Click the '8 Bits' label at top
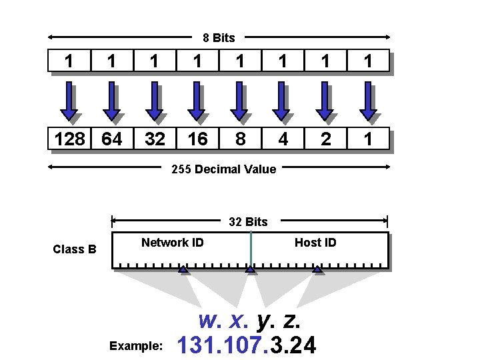(219, 38)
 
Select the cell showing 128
(70, 139)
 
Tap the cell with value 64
(111, 139)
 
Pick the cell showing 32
(155, 139)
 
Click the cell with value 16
(197, 139)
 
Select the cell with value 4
(283, 139)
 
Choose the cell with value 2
(325, 139)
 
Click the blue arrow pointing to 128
(69, 101)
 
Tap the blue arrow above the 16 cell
(197, 101)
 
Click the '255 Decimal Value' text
(223, 169)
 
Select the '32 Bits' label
(248, 222)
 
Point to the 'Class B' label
(75, 249)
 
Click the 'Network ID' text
(173, 243)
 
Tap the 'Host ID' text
(315, 243)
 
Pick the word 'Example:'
(135, 346)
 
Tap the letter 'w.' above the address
(211, 321)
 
